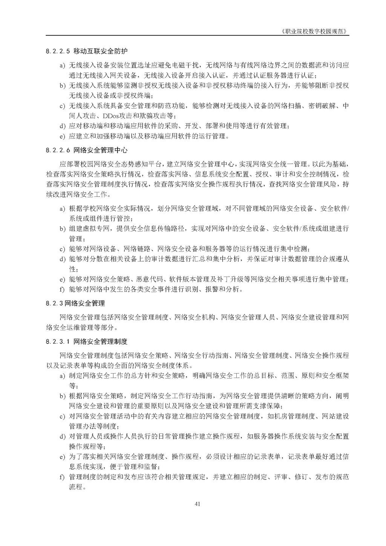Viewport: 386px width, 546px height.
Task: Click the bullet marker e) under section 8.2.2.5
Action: point(63,136)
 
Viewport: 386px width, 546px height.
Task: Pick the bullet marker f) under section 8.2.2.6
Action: point(63,290)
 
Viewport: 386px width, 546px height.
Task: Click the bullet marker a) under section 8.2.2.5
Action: point(63,66)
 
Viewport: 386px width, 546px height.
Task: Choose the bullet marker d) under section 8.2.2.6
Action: point(63,259)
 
